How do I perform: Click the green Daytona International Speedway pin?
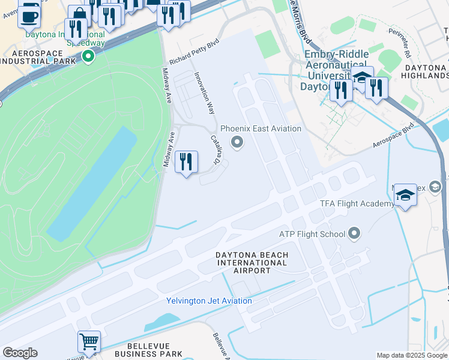pos(88,58)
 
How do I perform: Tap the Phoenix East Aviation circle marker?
pos(238,142)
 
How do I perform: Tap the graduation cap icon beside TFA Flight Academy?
pos(405,195)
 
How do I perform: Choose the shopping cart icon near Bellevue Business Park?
pos(89,342)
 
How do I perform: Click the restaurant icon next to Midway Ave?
pos(186,161)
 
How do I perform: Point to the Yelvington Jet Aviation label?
pos(209,301)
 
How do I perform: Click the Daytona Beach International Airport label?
pos(252,263)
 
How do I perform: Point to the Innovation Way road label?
pos(204,93)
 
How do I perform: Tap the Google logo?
pos(20,353)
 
